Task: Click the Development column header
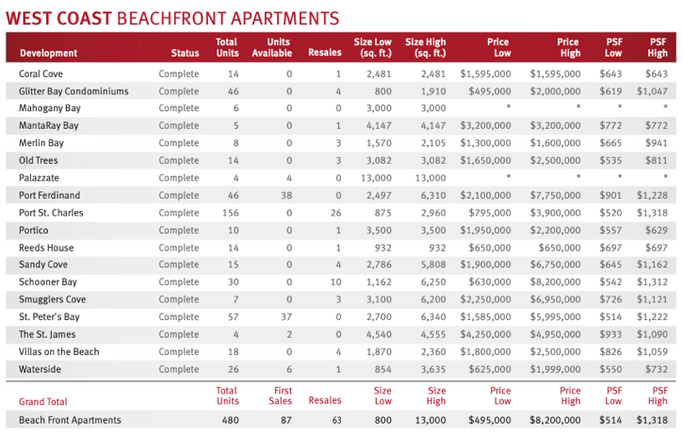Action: point(48,54)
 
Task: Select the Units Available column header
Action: point(279,48)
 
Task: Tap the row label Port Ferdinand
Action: point(50,196)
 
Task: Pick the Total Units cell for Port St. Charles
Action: point(229,213)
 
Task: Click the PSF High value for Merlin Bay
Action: point(657,143)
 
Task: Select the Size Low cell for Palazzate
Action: point(374,178)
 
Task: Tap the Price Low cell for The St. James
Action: point(486,334)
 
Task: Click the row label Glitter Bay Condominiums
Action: point(73,91)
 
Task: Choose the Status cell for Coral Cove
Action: point(179,73)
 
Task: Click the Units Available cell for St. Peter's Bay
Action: point(286,317)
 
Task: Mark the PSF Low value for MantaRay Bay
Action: point(612,125)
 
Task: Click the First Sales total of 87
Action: point(285,420)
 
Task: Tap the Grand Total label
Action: point(43,402)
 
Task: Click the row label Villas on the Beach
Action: point(59,352)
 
